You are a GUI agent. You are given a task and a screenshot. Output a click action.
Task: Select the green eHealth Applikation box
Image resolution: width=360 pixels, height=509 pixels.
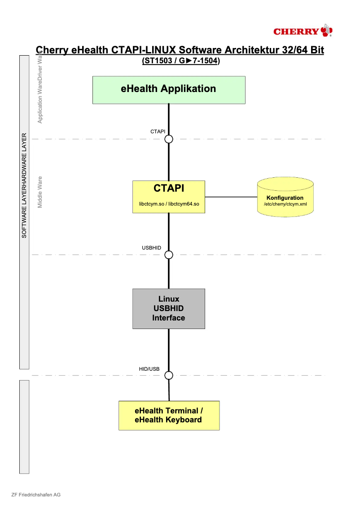[169, 90]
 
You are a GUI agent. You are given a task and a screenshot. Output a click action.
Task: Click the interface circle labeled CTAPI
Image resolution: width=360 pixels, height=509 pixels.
[169, 139]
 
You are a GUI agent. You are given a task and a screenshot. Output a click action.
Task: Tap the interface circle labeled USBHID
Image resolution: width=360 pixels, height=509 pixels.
[169, 255]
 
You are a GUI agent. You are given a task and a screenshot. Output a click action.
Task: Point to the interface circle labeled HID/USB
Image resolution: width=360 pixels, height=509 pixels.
[169, 375]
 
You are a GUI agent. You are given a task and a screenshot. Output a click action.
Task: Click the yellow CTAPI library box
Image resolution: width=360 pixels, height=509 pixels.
[169, 197]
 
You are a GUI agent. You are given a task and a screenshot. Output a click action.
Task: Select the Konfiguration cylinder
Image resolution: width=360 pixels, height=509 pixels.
[285, 197]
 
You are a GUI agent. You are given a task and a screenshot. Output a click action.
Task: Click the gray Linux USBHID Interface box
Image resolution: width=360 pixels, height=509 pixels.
[169, 308]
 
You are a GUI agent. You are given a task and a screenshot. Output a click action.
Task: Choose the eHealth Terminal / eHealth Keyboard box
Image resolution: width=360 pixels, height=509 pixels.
[169, 415]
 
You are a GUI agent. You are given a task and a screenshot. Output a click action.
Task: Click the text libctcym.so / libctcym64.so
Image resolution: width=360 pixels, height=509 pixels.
[169, 204]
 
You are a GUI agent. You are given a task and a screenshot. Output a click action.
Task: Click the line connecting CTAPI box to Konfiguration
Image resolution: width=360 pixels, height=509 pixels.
[231, 197]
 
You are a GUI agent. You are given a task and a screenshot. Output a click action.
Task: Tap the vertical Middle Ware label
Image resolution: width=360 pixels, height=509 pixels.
[40, 192]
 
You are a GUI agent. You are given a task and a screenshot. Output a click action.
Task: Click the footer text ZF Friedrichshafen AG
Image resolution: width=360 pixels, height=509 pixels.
[36, 495]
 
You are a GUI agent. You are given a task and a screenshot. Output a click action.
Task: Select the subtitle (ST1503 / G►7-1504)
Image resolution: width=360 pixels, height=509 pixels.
[180, 61]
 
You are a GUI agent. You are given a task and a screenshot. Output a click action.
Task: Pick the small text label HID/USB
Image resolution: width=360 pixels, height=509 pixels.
[149, 369]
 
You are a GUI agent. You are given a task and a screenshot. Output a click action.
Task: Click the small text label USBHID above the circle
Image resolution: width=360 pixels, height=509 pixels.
[151, 248]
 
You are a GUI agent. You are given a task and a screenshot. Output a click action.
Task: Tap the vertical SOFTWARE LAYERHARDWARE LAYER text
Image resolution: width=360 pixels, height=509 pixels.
[24, 185]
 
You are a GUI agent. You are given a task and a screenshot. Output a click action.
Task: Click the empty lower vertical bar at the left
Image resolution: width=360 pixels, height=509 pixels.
[24, 426]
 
